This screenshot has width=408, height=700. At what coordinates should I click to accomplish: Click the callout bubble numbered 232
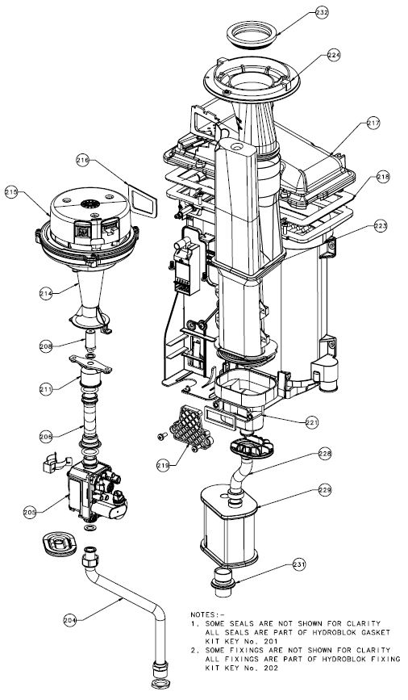pos(322,12)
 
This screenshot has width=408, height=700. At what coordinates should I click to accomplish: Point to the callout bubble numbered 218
pos(382,176)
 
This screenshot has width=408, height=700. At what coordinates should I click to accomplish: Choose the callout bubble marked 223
pos(380,228)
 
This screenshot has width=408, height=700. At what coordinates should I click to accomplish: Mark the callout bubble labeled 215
pos(11,192)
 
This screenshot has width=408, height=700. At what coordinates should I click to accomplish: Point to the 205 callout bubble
pos(30,512)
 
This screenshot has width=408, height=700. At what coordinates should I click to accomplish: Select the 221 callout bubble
pos(312,421)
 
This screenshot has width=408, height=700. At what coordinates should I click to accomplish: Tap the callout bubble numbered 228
pos(324,455)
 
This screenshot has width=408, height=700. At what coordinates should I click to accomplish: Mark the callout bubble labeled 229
pos(324,489)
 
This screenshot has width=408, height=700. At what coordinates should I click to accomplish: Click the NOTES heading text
pos(208,614)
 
